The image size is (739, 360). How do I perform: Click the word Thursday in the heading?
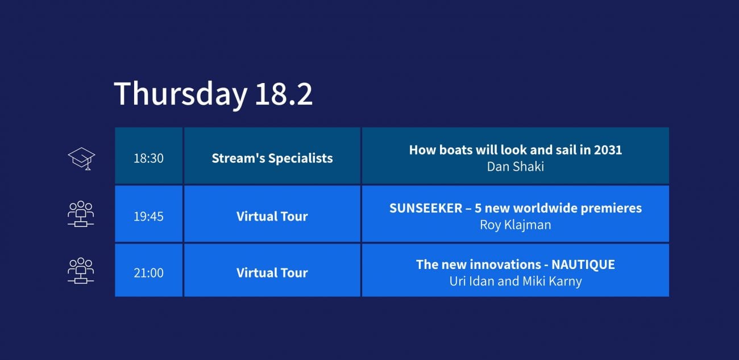pos(180,94)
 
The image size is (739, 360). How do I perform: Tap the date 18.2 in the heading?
pos(284,94)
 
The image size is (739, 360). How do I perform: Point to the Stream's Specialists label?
pos(272,158)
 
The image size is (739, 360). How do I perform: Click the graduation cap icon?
pos(81,159)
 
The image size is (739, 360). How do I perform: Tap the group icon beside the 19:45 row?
pos(81,214)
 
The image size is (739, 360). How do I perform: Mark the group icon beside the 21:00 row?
pos(81,271)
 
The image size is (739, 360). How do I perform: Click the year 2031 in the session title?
pos(608,150)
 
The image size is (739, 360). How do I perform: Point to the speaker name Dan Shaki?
pos(516,167)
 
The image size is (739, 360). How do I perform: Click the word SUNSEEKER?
pos(426,208)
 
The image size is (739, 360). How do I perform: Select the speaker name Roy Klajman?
pos(516,225)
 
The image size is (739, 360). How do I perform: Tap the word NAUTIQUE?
pos(583,264)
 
